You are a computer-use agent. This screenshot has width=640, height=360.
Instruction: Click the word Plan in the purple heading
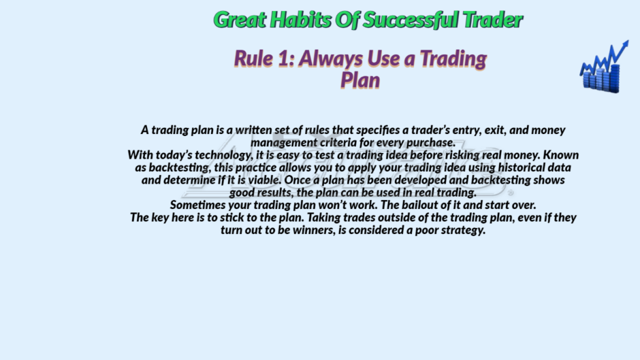coord(360,80)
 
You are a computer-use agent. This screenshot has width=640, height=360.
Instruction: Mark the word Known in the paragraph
coord(561,155)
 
